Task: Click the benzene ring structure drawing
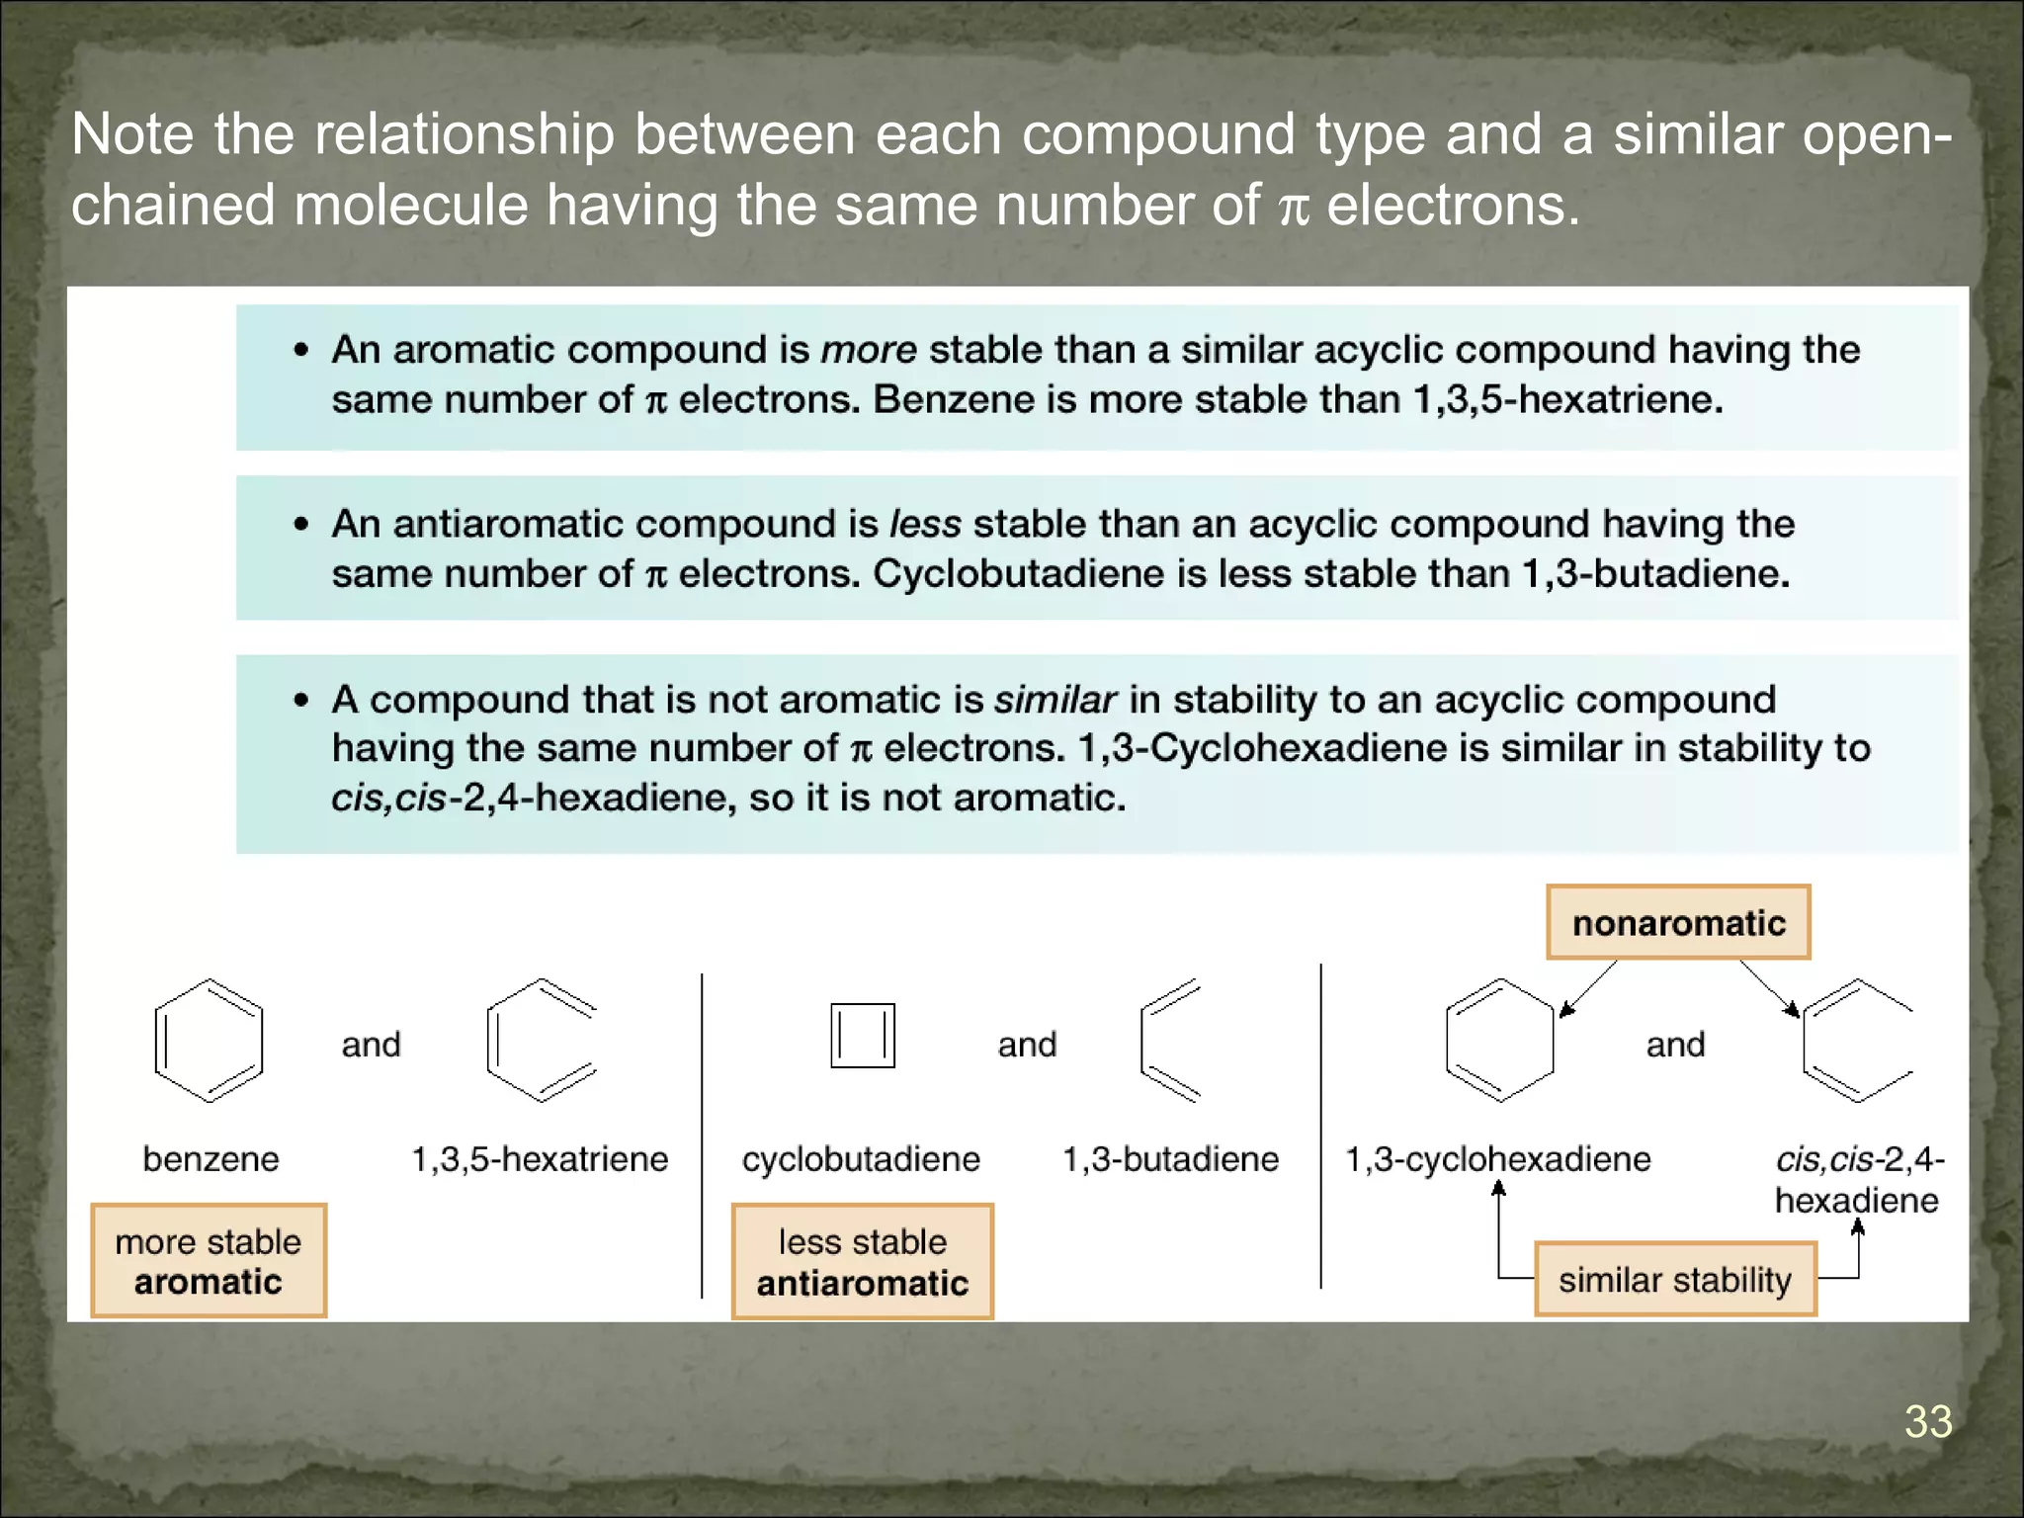pyautogui.click(x=209, y=1041)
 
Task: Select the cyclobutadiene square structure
pyautogui.click(x=863, y=1036)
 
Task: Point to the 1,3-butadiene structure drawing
pyautogui.click(x=1169, y=1041)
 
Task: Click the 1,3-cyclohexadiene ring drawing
pyautogui.click(x=1499, y=1041)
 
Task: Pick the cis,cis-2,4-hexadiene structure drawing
pyautogui.click(x=1856, y=1041)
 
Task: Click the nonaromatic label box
pyautogui.click(x=1678, y=922)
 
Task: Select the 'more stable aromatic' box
pyautogui.click(x=209, y=1261)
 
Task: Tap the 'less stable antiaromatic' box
pyautogui.click(x=863, y=1262)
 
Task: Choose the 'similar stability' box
pyautogui.click(x=1675, y=1280)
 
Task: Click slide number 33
pyautogui.click(x=1927, y=1421)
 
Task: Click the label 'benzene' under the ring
pyautogui.click(x=211, y=1158)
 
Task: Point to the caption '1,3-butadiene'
pyautogui.click(x=1170, y=1158)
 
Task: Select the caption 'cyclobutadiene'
pyautogui.click(x=861, y=1158)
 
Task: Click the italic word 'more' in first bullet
pyautogui.click(x=869, y=350)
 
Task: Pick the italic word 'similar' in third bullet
pyautogui.click(x=1054, y=700)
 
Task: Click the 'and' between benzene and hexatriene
pyautogui.click(x=371, y=1045)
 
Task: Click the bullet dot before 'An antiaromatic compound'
pyautogui.click(x=301, y=525)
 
